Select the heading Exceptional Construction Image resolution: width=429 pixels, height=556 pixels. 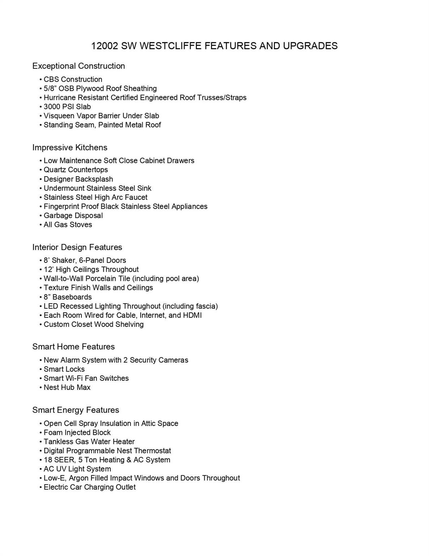click(78, 66)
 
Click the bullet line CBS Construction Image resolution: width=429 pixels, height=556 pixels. click(73, 79)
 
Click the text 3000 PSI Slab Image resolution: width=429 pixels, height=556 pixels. click(67, 106)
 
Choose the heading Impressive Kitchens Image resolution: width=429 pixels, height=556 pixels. click(70, 147)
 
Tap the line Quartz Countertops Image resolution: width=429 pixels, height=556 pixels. click(76, 170)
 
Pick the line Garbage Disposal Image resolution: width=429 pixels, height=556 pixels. click(73, 215)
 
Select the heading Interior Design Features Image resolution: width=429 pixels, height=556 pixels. click(77, 247)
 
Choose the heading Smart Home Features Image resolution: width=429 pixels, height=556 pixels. click(73, 347)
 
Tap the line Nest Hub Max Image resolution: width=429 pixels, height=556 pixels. click(67, 387)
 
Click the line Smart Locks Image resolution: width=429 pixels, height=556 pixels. click(64, 369)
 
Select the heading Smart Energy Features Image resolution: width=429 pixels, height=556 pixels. click(76, 410)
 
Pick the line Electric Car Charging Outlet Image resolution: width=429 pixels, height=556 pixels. click(89, 487)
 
